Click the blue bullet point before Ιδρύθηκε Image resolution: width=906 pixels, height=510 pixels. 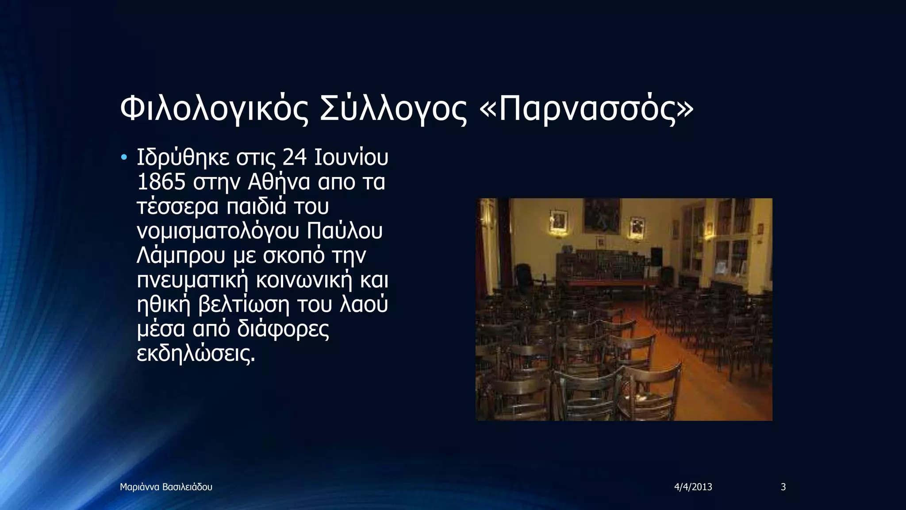point(124,158)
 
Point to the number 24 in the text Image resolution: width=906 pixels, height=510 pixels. point(295,157)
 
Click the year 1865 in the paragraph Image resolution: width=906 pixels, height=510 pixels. point(161,182)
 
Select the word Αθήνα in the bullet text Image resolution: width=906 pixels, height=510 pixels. point(279,182)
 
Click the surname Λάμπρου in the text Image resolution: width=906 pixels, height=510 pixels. point(181,256)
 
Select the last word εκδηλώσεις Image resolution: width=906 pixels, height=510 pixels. point(196,354)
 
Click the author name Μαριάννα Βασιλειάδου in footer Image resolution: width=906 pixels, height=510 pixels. point(166,487)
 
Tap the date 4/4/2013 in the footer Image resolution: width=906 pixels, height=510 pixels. point(693,487)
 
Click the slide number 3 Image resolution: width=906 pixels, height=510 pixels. point(783,487)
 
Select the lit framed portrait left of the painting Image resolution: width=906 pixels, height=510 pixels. point(559,221)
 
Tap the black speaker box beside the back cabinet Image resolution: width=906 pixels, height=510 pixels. point(656,257)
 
